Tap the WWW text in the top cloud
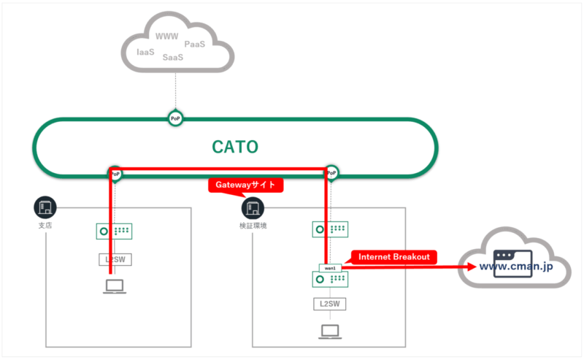(167, 36)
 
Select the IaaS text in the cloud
(146, 52)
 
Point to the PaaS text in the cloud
(194, 45)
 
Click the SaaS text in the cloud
(173, 57)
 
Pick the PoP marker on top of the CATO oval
(174, 118)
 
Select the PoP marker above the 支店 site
(115, 174)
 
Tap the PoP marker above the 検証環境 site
(332, 174)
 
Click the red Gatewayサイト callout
(245, 185)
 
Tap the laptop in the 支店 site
(115, 287)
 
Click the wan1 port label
(330, 268)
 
